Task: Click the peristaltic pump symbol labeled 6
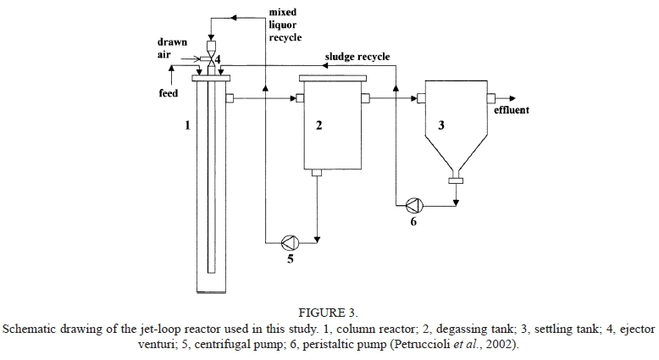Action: [413, 204]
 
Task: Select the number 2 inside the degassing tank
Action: [318, 125]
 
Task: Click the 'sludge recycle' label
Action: [357, 57]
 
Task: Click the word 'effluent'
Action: [511, 109]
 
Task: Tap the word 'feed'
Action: [169, 93]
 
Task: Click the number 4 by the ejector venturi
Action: [218, 60]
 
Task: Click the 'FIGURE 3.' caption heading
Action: [329, 310]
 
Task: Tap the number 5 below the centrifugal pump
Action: [290, 259]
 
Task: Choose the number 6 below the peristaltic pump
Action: [413, 222]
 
